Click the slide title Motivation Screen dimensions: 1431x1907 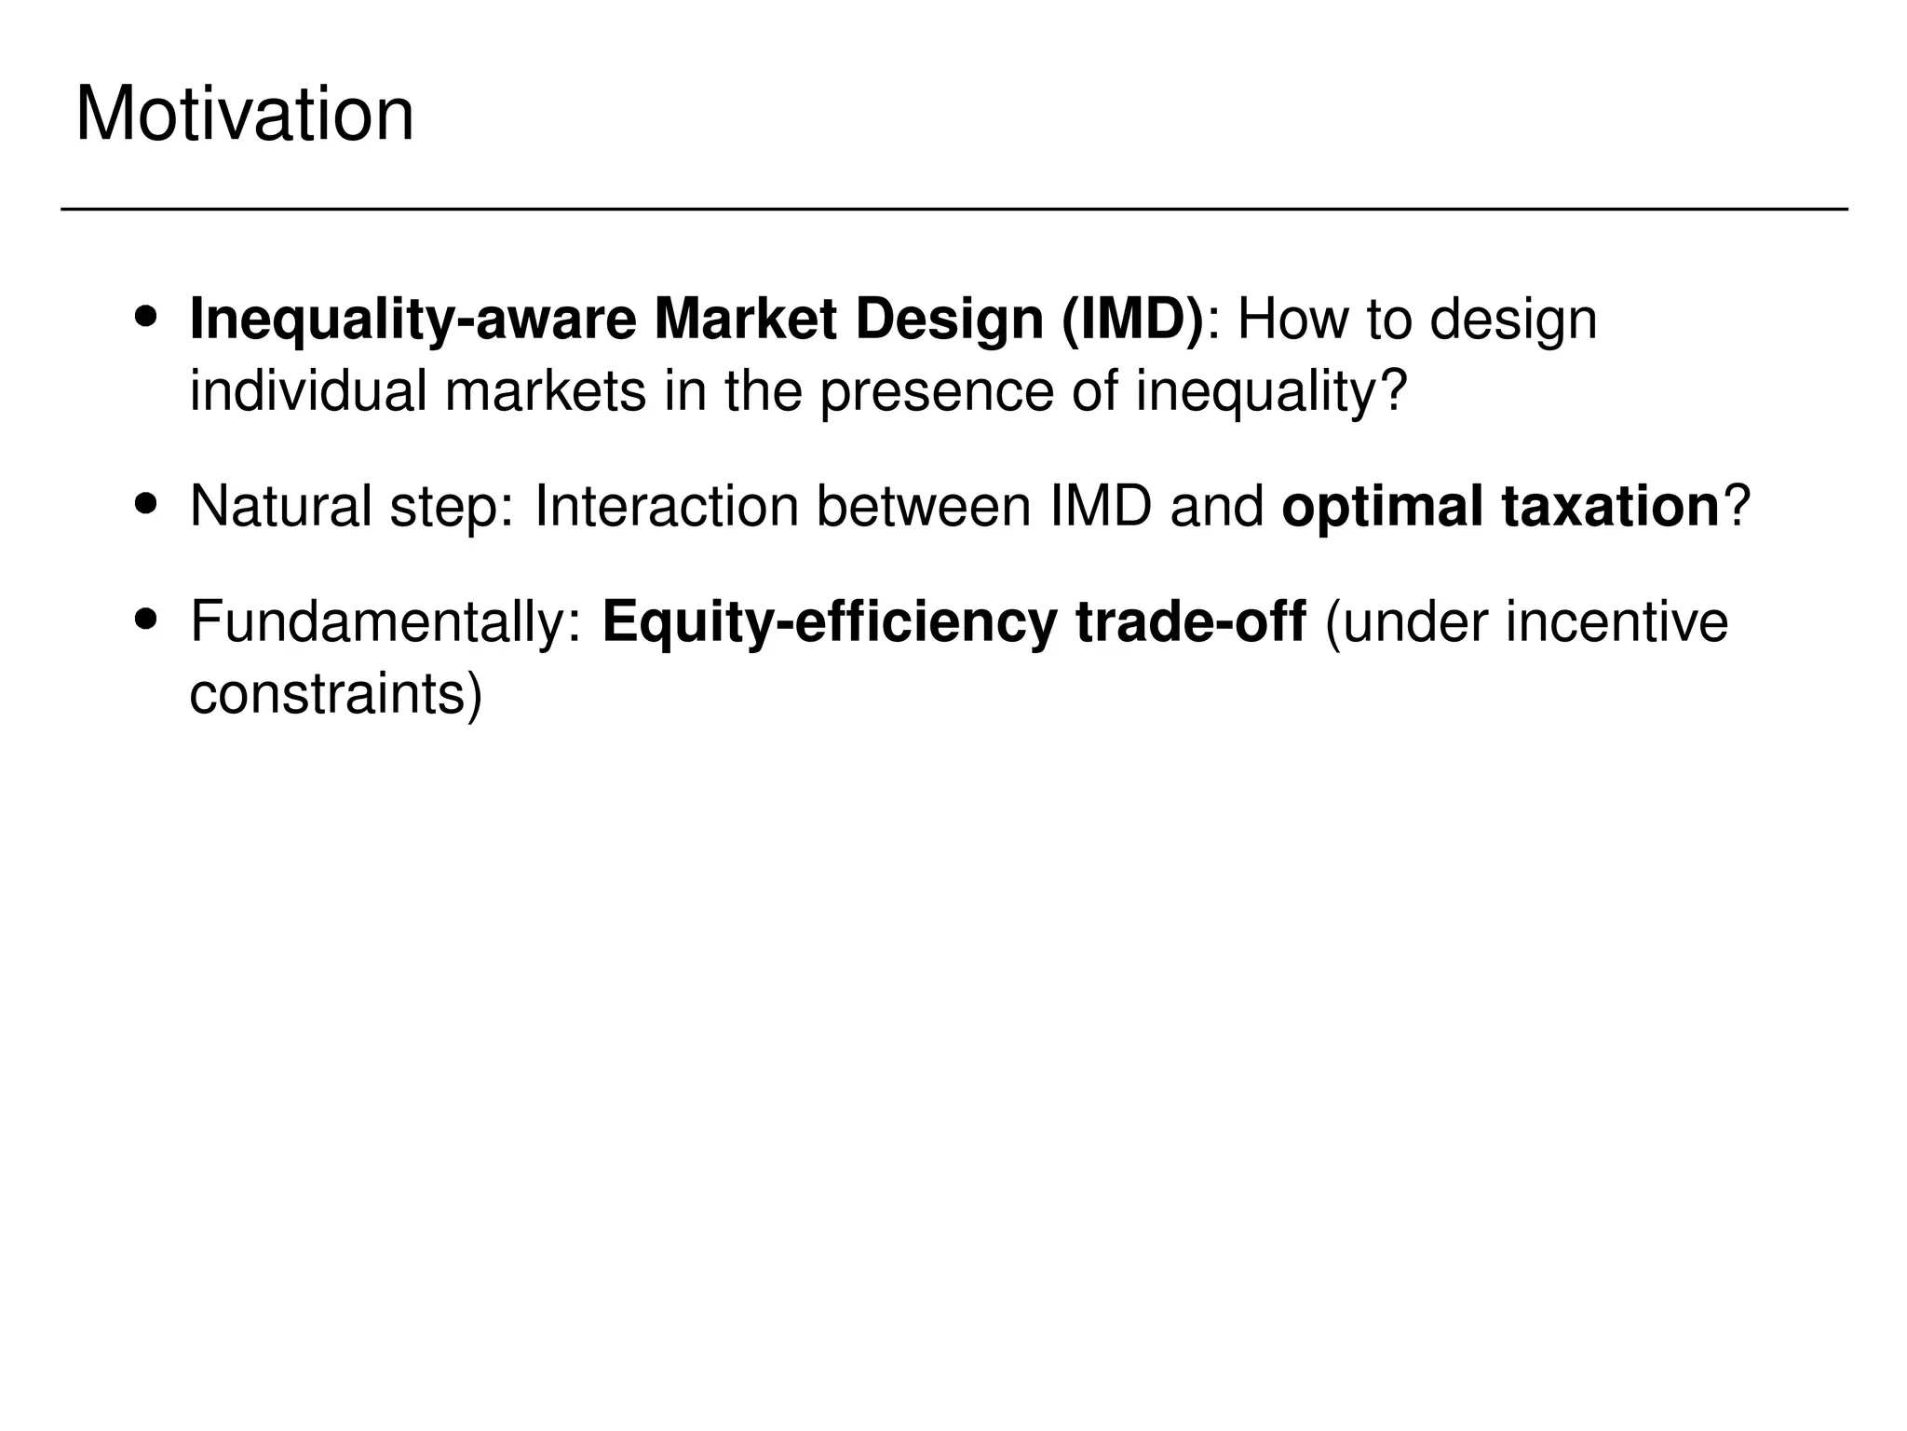[244, 116]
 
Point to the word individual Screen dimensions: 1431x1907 [307, 391]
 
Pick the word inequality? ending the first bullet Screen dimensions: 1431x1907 [1271, 391]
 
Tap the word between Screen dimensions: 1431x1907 [923, 507]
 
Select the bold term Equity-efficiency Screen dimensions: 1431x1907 [830, 622]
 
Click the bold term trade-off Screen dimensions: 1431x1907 [1190, 622]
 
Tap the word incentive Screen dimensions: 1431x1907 [1616, 622]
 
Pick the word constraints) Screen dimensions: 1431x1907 [336, 694]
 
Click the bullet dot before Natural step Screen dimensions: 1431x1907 [145, 504]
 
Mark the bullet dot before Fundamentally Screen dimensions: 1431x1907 [145, 619]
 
